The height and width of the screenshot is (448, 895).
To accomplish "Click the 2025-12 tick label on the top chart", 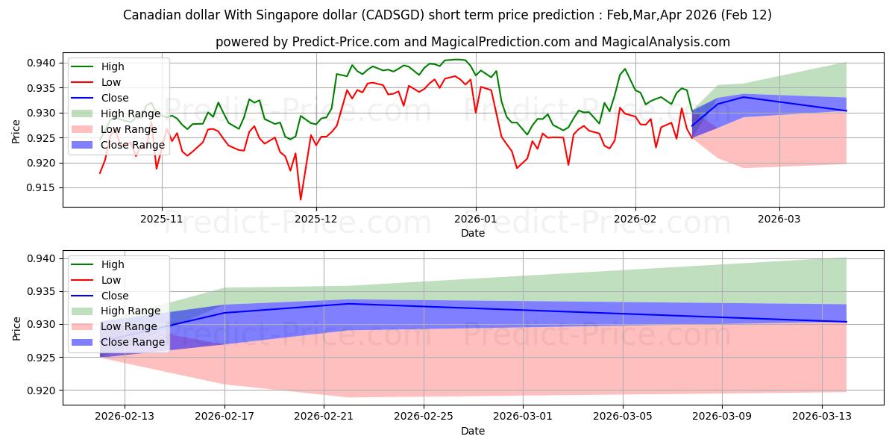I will [316, 220].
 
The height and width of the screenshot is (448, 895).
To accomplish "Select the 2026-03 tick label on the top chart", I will [779, 220].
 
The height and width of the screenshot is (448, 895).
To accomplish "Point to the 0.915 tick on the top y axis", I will [46, 188].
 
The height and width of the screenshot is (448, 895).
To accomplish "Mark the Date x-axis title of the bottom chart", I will [473, 431].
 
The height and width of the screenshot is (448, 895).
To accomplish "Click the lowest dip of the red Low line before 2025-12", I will [301, 199].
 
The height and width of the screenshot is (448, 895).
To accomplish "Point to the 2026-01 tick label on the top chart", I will [476, 220].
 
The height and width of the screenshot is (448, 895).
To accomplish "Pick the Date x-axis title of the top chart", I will [473, 233].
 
